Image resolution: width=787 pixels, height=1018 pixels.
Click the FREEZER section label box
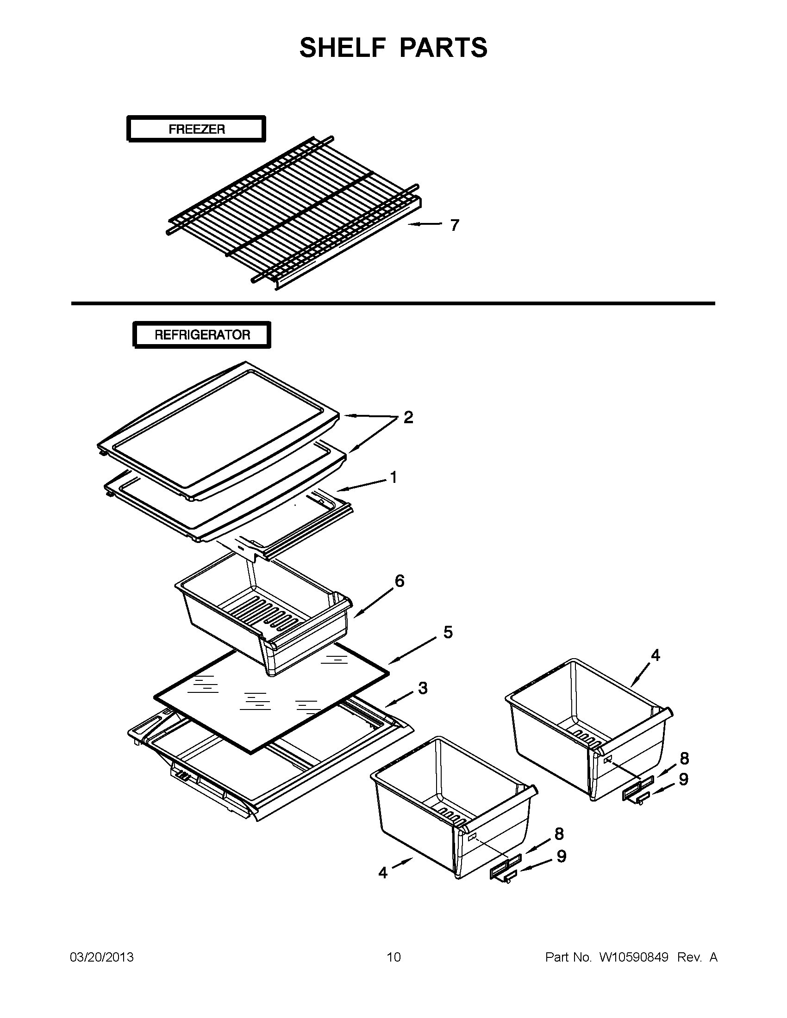pyautogui.click(x=196, y=129)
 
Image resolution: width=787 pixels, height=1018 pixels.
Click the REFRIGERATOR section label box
pyautogui.click(x=202, y=335)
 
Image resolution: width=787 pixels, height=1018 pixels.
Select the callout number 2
pyautogui.click(x=408, y=417)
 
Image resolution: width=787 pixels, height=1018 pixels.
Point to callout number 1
pyautogui.click(x=393, y=477)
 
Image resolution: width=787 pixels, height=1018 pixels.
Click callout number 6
pyautogui.click(x=400, y=581)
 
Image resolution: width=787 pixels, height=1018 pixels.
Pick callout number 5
pyautogui.click(x=447, y=633)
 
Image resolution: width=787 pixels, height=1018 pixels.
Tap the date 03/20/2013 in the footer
pyautogui.click(x=102, y=957)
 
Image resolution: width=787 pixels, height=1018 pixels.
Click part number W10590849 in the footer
pyautogui.click(x=633, y=957)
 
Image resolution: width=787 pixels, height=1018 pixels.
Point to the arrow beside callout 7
pyautogui.click(x=425, y=225)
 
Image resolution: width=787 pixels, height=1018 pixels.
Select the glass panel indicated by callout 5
pyautogui.click(x=270, y=695)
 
